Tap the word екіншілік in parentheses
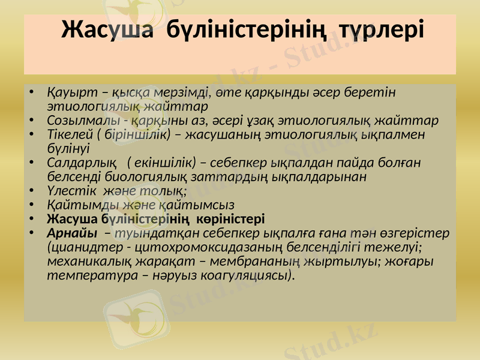click(x=161, y=163)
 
